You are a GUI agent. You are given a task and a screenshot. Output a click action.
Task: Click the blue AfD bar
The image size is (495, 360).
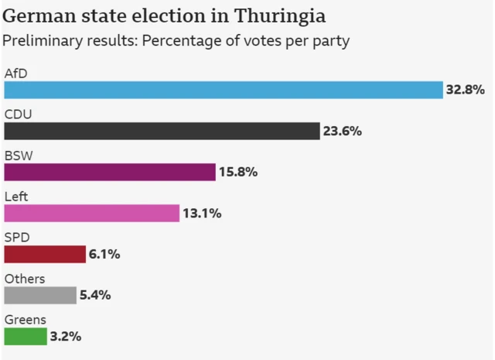click(x=223, y=90)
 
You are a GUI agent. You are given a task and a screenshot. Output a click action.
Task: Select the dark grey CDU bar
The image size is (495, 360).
click(x=162, y=131)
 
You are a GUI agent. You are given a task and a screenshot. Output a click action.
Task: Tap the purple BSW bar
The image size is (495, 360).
click(x=109, y=172)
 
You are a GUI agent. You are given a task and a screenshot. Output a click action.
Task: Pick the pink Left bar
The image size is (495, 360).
click(x=91, y=213)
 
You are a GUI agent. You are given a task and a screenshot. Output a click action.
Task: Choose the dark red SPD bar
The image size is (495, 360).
click(x=44, y=254)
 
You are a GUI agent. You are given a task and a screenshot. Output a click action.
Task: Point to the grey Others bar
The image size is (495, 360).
click(x=40, y=295)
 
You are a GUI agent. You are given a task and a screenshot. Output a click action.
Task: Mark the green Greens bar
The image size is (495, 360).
click(x=25, y=336)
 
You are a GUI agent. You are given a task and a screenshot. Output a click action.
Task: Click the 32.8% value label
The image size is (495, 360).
click(x=465, y=90)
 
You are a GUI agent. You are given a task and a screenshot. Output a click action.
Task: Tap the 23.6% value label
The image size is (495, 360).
click(x=342, y=131)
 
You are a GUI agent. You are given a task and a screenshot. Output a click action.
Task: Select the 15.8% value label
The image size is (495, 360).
click(x=237, y=172)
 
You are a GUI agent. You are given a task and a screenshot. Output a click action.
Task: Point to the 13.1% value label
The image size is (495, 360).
click(x=202, y=213)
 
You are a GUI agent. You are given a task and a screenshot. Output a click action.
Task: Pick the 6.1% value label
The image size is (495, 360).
click(x=104, y=254)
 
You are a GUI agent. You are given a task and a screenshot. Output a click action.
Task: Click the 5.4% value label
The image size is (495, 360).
click(x=96, y=295)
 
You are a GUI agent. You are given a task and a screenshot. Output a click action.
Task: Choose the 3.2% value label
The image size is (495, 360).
click(x=66, y=336)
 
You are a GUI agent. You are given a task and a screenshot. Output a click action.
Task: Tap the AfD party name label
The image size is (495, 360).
click(x=16, y=74)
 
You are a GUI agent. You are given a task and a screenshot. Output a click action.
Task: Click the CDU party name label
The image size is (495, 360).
click(x=18, y=115)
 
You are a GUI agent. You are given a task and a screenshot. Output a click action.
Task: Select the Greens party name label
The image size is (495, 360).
click(x=25, y=320)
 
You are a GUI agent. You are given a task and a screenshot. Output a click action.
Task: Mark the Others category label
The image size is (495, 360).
click(x=25, y=279)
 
